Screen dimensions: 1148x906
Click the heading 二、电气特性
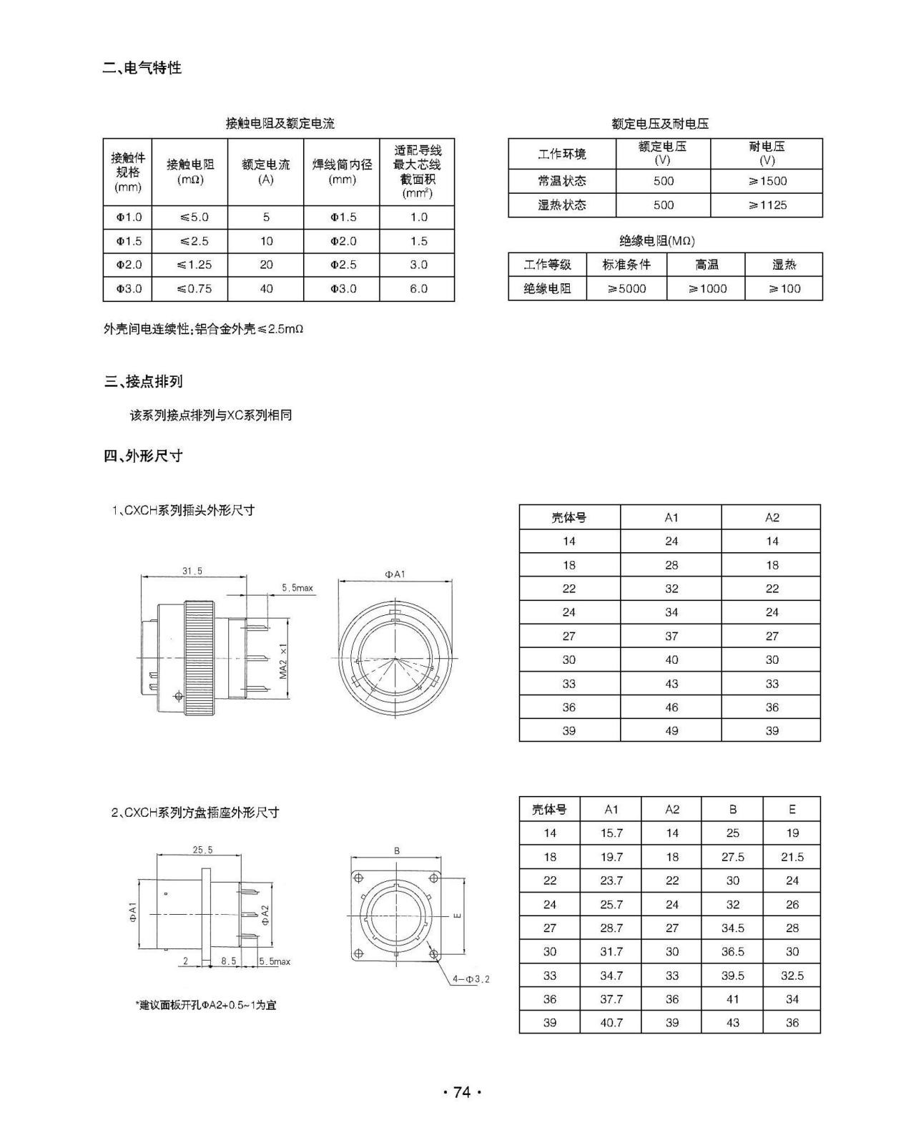[142, 68]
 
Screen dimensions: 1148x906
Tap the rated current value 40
[266, 289]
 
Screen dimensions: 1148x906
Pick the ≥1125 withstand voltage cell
[767, 205]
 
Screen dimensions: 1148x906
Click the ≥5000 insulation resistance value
[626, 289]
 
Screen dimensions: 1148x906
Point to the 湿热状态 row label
[562, 205]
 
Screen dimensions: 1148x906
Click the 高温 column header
[706, 265]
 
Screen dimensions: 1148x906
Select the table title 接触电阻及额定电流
[280, 123]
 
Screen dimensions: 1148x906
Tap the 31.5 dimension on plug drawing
[192, 571]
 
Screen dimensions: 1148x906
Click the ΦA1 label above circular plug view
[395, 574]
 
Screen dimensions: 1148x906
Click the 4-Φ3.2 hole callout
[471, 978]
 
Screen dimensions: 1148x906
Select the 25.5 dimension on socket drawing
[202, 850]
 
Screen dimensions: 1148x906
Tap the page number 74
[462, 1092]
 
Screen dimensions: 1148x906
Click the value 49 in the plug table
[671, 731]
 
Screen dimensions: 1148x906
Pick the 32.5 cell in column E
[792, 976]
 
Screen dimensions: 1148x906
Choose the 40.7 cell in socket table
[611, 1023]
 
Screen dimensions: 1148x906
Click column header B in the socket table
[732, 810]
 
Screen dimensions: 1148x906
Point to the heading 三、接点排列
[143, 381]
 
